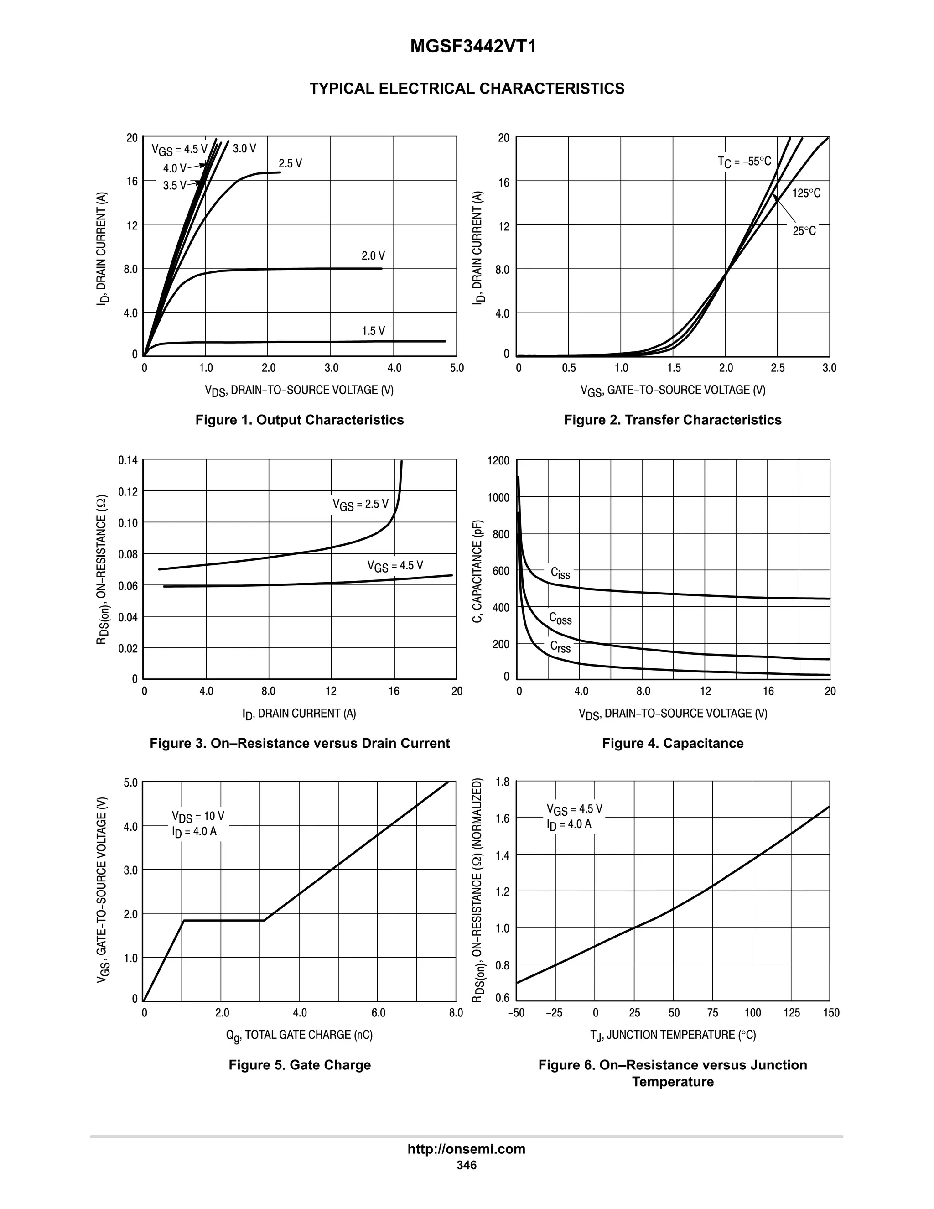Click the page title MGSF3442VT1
coord(473,47)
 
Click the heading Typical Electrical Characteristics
coord(467,89)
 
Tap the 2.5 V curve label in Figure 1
coord(290,164)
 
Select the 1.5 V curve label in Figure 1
coord(373,331)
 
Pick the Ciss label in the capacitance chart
coord(560,573)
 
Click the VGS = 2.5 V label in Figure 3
coord(360,504)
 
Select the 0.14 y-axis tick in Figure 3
coord(128,460)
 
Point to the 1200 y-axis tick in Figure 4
coord(498,461)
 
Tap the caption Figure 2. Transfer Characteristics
coord(672,420)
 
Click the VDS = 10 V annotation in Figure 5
coord(197,817)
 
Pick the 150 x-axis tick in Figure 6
coord(831,1013)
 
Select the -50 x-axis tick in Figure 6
coord(516,1013)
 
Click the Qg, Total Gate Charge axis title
coord(299,1035)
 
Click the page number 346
coord(466,1165)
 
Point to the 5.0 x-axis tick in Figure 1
coord(457,368)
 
